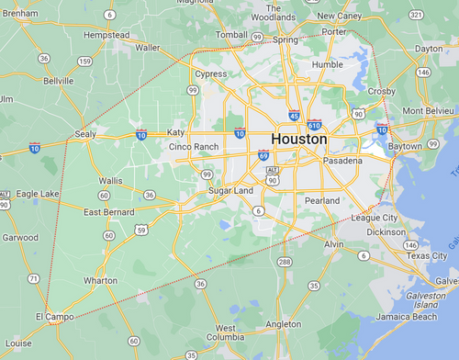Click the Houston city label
pyautogui.click(x=298, y=139)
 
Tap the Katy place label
pyautogui.click(x=175, y=132)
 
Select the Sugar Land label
pyautogui.click(x=230, y=190)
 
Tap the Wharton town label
pyautogui.click(x=100, y=280)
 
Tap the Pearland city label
pyautogui.click(x=321, y=200)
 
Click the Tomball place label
pyautogui.click(x=232, y=34)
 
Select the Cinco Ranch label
pyautogui.click(x=194, y=147)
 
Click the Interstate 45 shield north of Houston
pyautogui.click(x=294, y=116)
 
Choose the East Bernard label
pyautogui.click(x=109, y=212)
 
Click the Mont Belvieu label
pyautogui.click(x=425, y=110)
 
